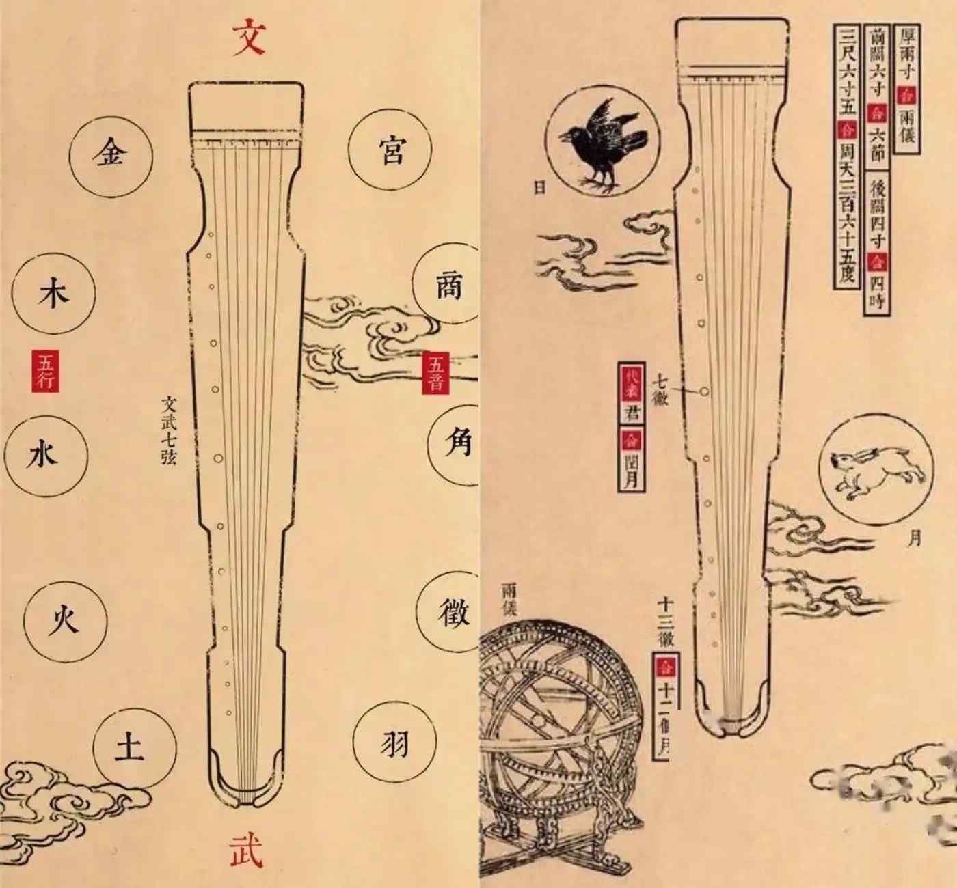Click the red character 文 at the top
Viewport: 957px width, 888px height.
248,37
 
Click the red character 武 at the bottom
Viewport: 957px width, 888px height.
246,849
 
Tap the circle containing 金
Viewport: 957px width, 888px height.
111,152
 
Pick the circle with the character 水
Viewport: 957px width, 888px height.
45,453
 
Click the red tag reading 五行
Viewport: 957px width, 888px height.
46,371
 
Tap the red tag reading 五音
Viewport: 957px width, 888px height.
435,373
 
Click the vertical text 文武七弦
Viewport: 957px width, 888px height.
169,431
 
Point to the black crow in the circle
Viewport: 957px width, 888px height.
604,141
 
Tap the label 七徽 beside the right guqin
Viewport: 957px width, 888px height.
660,389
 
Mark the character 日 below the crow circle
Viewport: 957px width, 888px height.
540,186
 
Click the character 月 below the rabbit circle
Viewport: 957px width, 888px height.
915,538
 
